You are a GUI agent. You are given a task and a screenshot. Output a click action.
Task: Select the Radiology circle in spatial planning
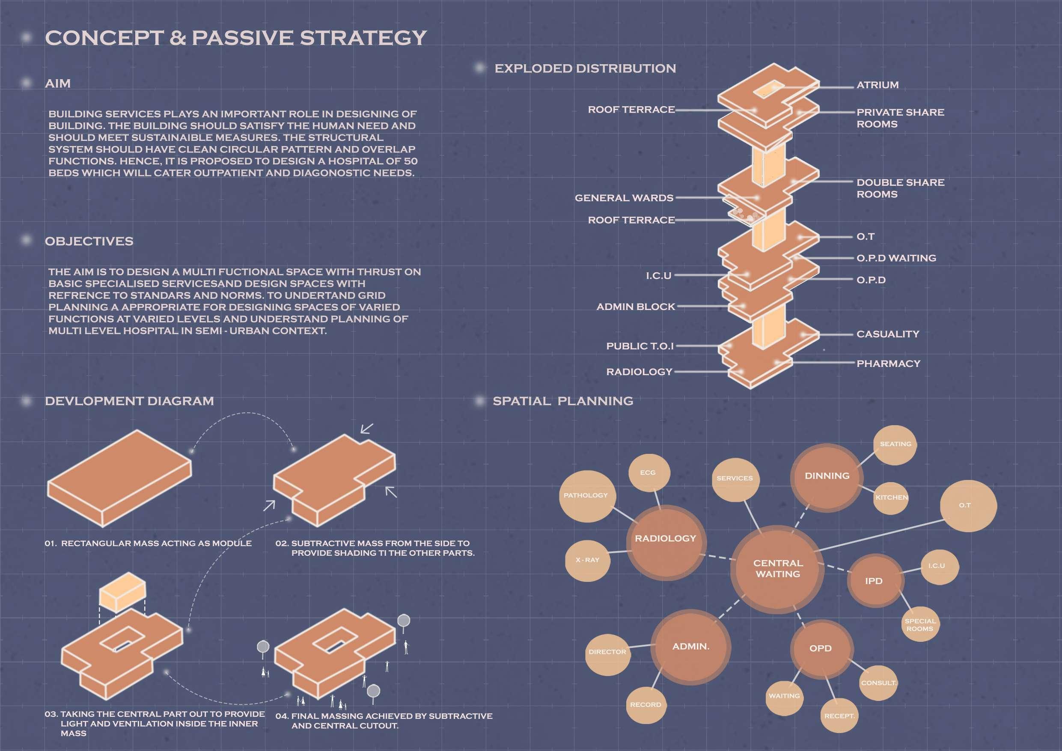[x=665, y=539]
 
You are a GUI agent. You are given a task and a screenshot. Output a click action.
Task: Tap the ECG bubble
[x=648, y=472]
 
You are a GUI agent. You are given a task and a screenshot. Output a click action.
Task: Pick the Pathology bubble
[x=586, y=495]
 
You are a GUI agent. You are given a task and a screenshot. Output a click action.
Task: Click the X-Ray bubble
[x=587, y=560]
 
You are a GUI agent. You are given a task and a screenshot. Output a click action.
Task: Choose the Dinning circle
[x=827, y=476]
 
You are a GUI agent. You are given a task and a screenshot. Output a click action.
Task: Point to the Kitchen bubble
[x=891, y=498]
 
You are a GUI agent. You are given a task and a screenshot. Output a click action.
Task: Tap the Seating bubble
[x=895, y=444]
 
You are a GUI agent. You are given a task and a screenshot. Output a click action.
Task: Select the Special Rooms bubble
[x=920, y=625]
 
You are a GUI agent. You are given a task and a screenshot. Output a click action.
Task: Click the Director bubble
[x=607, y=652]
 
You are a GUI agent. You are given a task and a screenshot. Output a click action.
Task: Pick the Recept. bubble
[x=839, y=716]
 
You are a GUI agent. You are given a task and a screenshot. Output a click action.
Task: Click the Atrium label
[x=878, y=85]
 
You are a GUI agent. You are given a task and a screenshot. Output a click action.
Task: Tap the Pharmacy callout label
[x=888, y=364]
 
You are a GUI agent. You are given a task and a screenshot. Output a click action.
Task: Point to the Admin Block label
[x=636, y=307]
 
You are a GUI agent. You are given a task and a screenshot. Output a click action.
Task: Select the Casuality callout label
[x=888, y=334]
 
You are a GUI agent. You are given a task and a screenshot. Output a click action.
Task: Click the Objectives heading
[x=89, y=241]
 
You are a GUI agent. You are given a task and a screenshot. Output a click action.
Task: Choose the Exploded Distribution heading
[x=585, y=69]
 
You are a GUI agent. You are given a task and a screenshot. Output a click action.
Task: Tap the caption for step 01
[x=148, y=543]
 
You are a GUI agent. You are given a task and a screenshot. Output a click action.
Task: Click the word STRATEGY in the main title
[x=363, y=38]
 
